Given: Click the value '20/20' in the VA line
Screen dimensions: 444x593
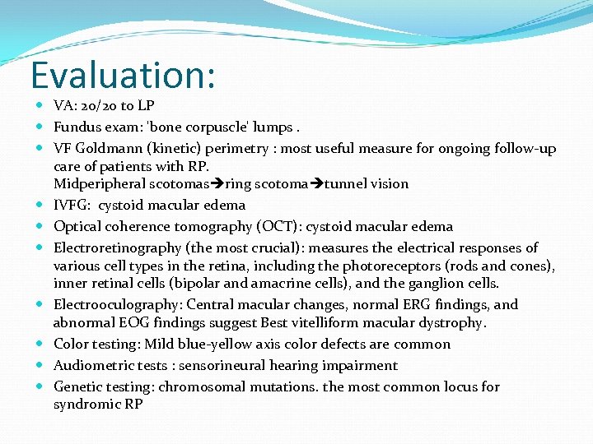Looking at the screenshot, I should click(99, 106).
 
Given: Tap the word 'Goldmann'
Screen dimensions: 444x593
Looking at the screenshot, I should click(111, 149).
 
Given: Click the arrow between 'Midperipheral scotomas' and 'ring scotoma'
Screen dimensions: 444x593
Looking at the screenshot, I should click(218, 184).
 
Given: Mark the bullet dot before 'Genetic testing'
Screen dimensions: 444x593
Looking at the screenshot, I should click(40, 387).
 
